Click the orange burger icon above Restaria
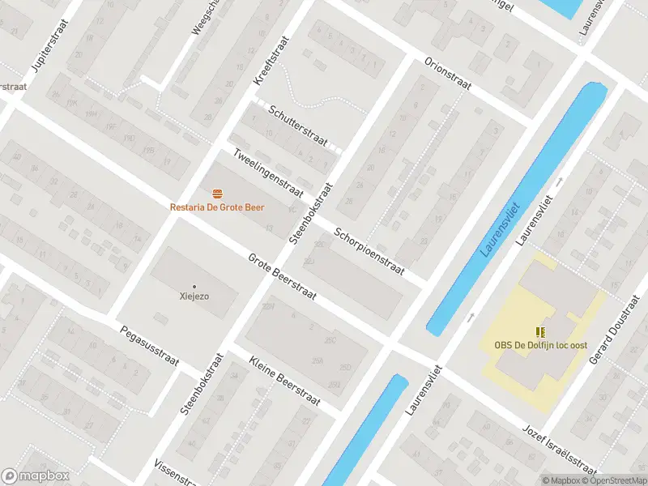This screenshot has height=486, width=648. click(216, 194)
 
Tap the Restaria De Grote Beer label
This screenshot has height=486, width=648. click(216, 207)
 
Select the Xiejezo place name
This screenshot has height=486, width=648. click(194, 296)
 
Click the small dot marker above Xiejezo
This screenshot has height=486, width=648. click(194, 286)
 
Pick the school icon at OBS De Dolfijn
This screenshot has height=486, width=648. click(540, 332)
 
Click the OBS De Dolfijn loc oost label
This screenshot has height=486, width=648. click(540, 345)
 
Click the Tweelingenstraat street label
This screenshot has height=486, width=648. click(267, 173)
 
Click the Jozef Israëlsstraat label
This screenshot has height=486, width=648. click(560, 450)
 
